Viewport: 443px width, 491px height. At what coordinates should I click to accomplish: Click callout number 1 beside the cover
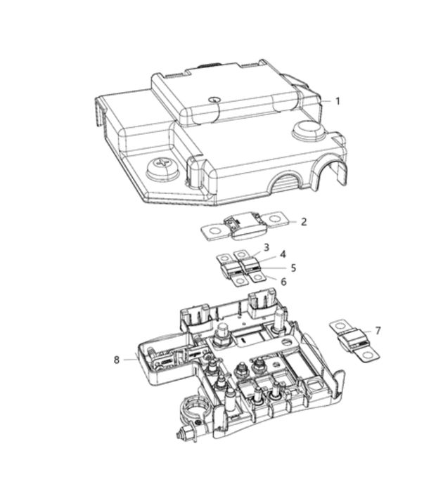[x=338, y=101]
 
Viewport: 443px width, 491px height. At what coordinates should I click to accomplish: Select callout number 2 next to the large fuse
[x=304, y=222]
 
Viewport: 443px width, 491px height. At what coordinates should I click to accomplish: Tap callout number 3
[x=267, y=247]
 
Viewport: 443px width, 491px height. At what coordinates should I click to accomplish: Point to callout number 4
[x=283, y=254]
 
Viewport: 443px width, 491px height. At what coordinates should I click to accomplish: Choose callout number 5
[x=293, y=268]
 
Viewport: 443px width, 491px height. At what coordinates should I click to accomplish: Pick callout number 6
[x=283, y=282]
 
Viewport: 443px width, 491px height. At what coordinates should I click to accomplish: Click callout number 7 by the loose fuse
[x=378, y=331]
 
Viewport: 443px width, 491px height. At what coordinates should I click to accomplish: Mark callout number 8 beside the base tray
[x=117, y=360]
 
